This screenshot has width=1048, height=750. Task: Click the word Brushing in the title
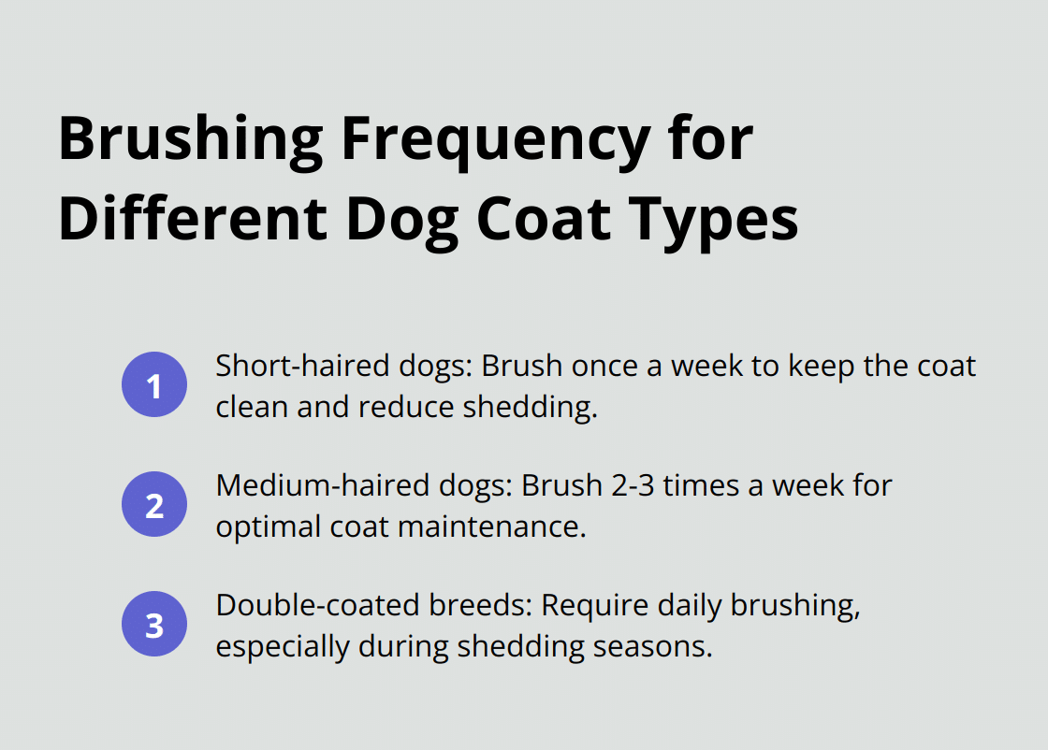coord(191,140)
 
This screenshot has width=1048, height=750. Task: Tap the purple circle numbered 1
coord(154,384)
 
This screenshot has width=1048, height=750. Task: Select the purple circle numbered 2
coord(154,505)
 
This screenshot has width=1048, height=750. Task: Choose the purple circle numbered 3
coord(154,625)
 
